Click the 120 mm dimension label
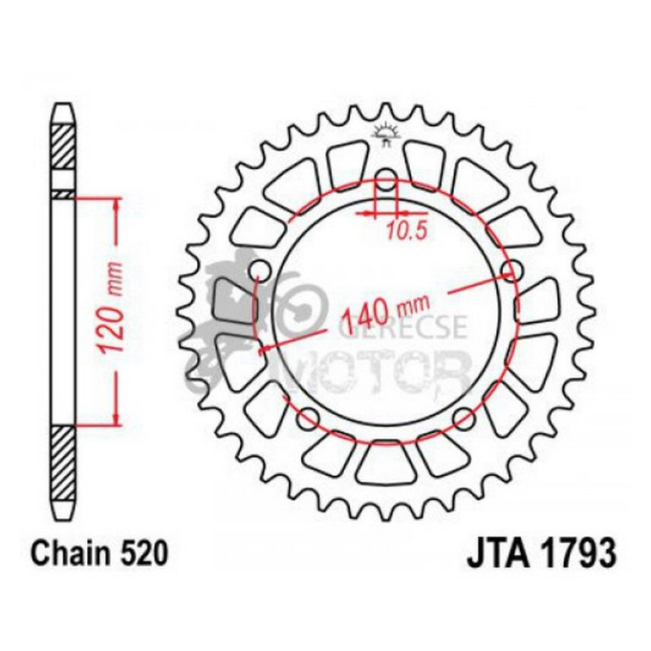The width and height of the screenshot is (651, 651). (x=115, y=309)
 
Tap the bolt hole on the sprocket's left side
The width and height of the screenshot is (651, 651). (x=260, y=271)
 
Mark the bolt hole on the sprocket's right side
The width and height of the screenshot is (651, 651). (x=509, y=271)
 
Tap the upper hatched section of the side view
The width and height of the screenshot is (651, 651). (x=63, y=145)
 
